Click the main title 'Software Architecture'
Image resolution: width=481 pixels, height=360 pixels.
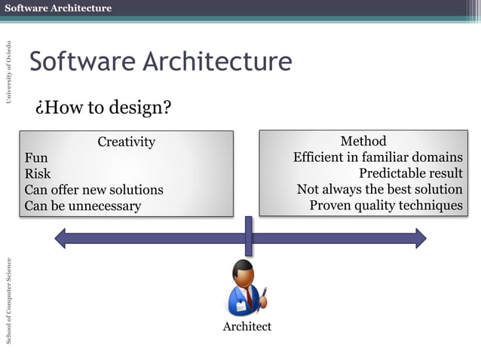[160, 62]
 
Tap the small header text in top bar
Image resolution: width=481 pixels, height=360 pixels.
[58, 8]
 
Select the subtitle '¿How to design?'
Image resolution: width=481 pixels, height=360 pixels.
[103, 108]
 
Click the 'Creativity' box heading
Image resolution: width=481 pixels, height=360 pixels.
[127, 142]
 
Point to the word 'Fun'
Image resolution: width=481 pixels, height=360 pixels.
[36, 158]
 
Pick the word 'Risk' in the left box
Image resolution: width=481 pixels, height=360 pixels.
[38, 174]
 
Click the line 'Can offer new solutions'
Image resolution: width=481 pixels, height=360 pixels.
[93, 190]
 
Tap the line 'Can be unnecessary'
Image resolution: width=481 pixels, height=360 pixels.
[82, 206]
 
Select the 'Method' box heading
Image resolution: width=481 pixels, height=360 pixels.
[363, 141]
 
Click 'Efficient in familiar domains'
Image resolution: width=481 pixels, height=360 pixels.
[378, 157]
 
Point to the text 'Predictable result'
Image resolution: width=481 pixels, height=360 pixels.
[411, 173]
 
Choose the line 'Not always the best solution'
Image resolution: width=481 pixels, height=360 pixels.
[379, 189]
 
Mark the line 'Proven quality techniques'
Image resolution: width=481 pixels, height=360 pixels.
[386, 205]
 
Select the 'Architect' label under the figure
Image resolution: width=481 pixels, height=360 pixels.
[247, 326]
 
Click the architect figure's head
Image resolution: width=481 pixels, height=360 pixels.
[244, 270]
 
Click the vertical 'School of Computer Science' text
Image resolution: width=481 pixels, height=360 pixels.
[9, 301]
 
